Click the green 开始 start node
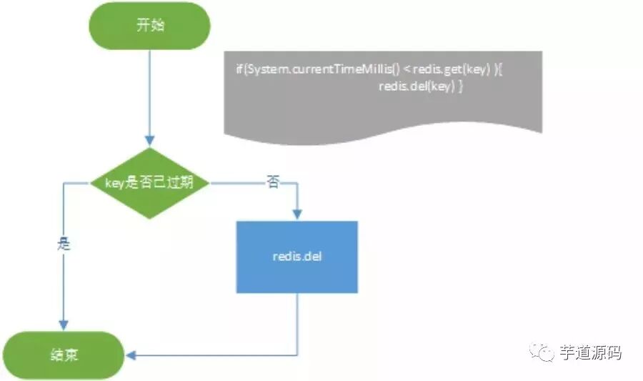(149, 26)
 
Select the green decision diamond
(149, 184)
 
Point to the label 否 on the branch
(273, 182)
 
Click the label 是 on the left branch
(63, 243)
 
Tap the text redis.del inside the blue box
(296, 256)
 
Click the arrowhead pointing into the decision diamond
(149, 142)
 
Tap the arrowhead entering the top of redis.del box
(296, 214)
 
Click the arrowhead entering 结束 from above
(65, 326)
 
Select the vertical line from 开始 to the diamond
(149, 93)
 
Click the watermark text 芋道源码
(590, 352)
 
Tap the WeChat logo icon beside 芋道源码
(543, 352)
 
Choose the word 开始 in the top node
(149, 26)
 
